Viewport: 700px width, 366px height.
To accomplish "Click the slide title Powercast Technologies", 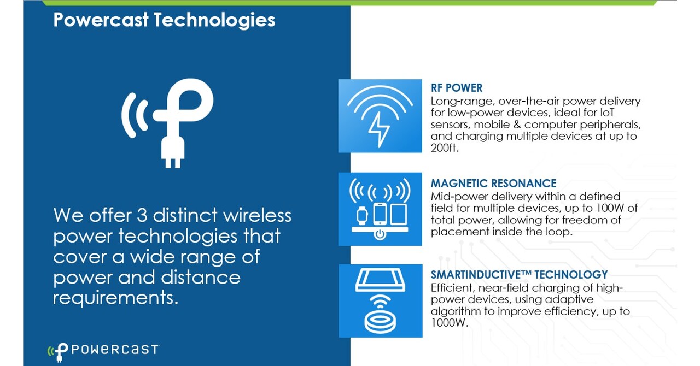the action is [164, 20].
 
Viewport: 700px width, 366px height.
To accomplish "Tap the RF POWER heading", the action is [457, 88].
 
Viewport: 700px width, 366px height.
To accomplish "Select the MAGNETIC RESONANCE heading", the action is [493, 184].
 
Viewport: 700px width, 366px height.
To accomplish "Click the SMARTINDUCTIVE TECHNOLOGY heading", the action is [519, 274].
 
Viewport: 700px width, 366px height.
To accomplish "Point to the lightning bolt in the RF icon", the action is [379, 129].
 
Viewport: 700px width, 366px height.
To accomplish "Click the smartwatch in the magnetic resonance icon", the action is [362, 215].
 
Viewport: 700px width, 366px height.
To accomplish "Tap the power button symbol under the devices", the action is [380, 234].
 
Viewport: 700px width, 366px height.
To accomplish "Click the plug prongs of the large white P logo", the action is [173, 163].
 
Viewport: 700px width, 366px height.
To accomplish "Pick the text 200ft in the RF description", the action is [445, 147].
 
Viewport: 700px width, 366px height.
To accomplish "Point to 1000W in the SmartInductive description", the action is [450, 323].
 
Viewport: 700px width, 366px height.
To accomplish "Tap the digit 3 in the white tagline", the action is [142, 215].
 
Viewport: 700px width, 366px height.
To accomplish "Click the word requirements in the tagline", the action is [115, 298].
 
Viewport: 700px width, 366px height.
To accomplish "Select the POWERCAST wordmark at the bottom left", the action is [115, 350].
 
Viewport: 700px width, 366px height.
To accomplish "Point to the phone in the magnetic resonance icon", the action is [380, 214].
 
